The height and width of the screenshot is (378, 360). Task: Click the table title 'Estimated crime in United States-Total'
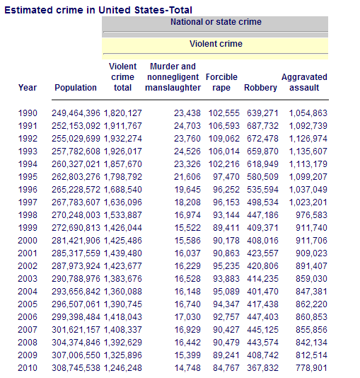(98, 11)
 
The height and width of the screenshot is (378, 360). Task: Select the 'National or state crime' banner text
(216, 22)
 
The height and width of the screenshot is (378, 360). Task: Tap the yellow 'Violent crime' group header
(216, 44)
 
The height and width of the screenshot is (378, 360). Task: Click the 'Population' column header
(76, 88)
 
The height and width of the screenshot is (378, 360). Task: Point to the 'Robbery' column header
(260, 88)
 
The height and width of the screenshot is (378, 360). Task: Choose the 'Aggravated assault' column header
(304, 82)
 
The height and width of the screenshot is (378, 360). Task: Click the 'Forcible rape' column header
(221, 82)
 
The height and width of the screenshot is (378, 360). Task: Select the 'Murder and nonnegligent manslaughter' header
(173, 77)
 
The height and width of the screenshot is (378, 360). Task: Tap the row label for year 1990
(28, 113)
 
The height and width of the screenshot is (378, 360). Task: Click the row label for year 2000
(28, 241)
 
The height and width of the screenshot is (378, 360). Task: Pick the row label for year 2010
(28, 368)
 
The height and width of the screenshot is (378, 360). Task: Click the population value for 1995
(76, 177)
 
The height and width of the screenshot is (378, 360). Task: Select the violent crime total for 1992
(123, 139)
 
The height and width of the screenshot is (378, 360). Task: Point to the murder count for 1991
(187, 126)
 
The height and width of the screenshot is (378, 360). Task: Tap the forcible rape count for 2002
(226, 266)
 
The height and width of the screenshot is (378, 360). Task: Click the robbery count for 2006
(262, 317)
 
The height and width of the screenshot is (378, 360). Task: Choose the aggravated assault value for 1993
(308, 151)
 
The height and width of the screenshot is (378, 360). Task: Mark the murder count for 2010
(187, 368)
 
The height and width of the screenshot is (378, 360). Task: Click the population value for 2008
(76, 343)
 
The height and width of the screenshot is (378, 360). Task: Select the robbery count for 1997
(262, 202)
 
